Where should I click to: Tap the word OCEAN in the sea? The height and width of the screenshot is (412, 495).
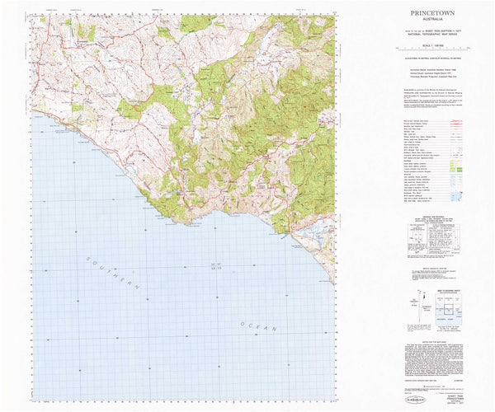[x=258, y=327]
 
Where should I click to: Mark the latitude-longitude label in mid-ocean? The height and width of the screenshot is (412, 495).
[x=216, y=265]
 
